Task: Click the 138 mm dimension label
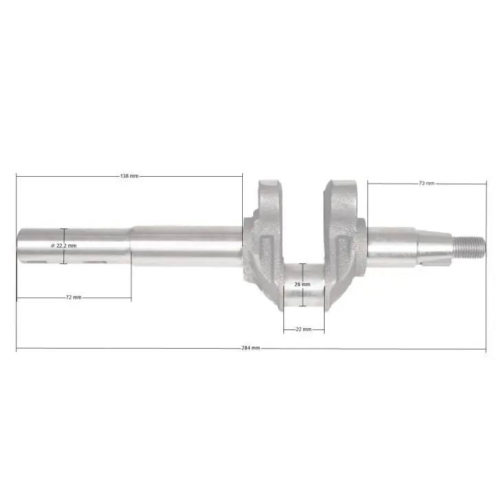point(129,176)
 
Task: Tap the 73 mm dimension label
point(426,183)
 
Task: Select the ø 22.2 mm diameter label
point(64,246)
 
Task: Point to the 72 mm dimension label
point(74,297)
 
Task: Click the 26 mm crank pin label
point(302,284)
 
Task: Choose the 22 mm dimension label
point(303,329)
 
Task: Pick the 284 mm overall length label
point(251,348)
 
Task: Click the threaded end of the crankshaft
point(469,247)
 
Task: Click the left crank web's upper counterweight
point(270,196)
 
